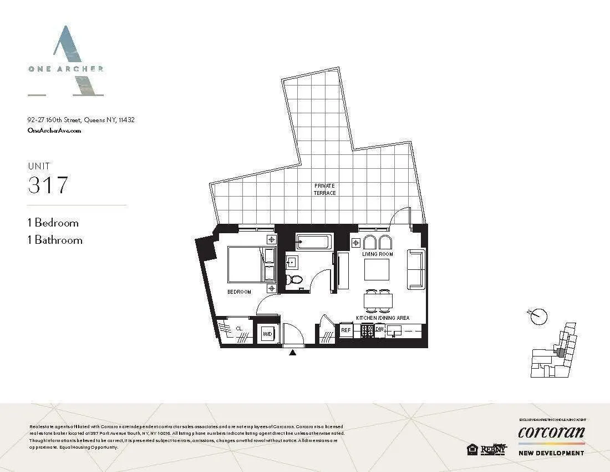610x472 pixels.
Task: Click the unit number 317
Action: [x=48, y=185]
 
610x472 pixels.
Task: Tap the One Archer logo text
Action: [x=65, y=69]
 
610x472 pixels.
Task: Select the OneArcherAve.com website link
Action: [x=54, y=130]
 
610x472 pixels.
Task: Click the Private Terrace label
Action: [x=325, y=189]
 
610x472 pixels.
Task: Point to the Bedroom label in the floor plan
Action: [x=239, y=292]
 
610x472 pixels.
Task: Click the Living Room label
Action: [x=378, y=254]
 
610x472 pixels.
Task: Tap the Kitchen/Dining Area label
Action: [x=383, y=318]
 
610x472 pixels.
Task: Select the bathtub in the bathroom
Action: [x=314, y=242]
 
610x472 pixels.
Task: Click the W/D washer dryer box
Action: [x=267, y=334]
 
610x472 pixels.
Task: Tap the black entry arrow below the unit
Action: [x=293, y=353]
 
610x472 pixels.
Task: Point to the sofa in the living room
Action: [x=416, y=269]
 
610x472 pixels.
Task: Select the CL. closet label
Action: [x=239, y=328]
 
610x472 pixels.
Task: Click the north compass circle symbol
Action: [x=538, y=317]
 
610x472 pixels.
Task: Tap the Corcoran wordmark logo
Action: [x=551, y=432]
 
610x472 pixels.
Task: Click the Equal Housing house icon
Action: [x=472, y=449]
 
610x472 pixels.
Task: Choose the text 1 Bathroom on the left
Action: [x=55, y=240]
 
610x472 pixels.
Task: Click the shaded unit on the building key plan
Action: [x=561, y=352]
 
